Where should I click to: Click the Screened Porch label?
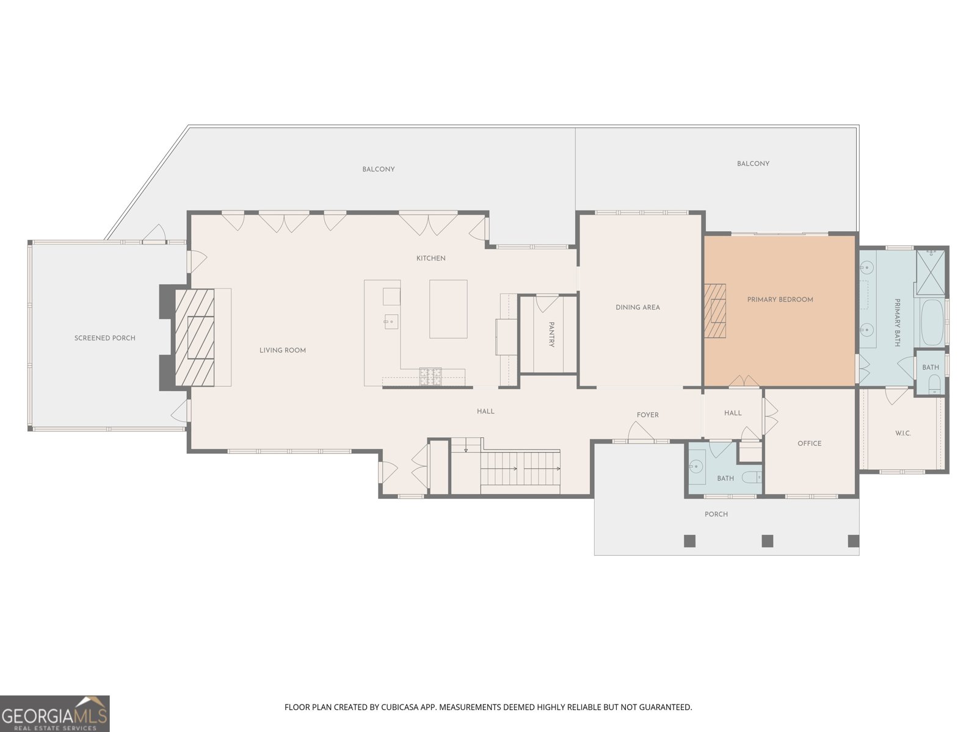click(104, 338)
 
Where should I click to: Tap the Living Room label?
click(283, 350)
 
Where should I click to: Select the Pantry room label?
click(551, 334)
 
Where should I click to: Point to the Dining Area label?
click(637, 307)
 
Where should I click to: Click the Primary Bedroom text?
click(780, 300)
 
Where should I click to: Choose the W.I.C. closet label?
click(903, 433)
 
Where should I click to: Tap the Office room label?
click(809, 443)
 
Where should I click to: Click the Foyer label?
click(647, 415)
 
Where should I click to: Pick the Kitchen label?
click(430, 258)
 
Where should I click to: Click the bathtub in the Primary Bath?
click(932, 323)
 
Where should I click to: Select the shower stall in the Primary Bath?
click(931, 272)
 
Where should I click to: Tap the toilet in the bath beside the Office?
click(752, 477)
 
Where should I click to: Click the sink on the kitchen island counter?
click(391, 321)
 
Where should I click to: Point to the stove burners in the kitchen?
click(430, 376)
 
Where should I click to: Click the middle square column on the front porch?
click(768, 541)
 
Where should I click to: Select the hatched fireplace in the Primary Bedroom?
click(715, 310)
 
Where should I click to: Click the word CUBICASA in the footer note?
click(399, 706)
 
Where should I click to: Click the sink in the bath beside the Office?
click(696, 466)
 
